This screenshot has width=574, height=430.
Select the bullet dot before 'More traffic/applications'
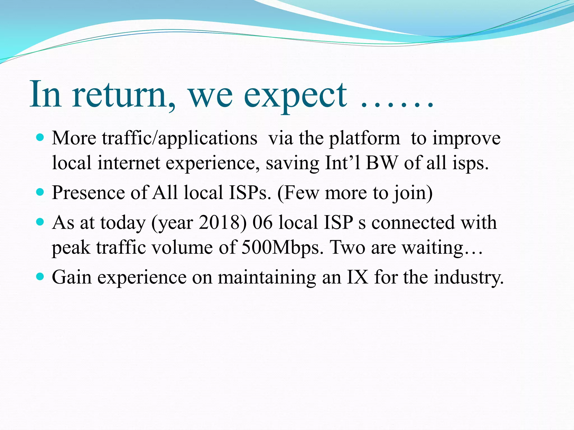(x=40, y=137)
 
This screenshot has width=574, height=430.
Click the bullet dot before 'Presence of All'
(x=40, y=192)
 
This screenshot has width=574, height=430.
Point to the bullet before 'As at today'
(x=40, y=222)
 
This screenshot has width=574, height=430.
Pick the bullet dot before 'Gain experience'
(x=40, y=277)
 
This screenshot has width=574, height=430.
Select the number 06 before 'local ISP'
(x=262, y=223)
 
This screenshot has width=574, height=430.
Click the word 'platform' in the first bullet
(x=364, y=139)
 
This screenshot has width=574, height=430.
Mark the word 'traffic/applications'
(x=179, y=139)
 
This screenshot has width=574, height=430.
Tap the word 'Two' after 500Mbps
(x=348, y=247)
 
